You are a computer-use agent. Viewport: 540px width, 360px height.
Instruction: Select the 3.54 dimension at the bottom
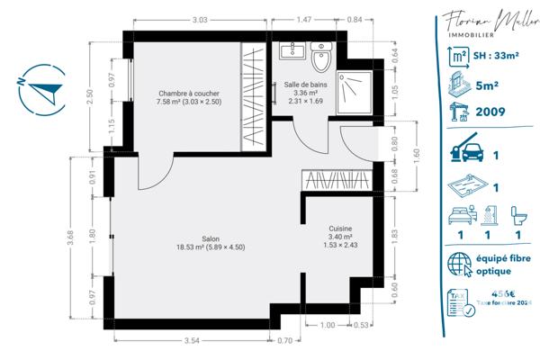[190, 341]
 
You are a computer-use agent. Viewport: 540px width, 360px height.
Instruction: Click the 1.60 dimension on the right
[417, 153]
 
